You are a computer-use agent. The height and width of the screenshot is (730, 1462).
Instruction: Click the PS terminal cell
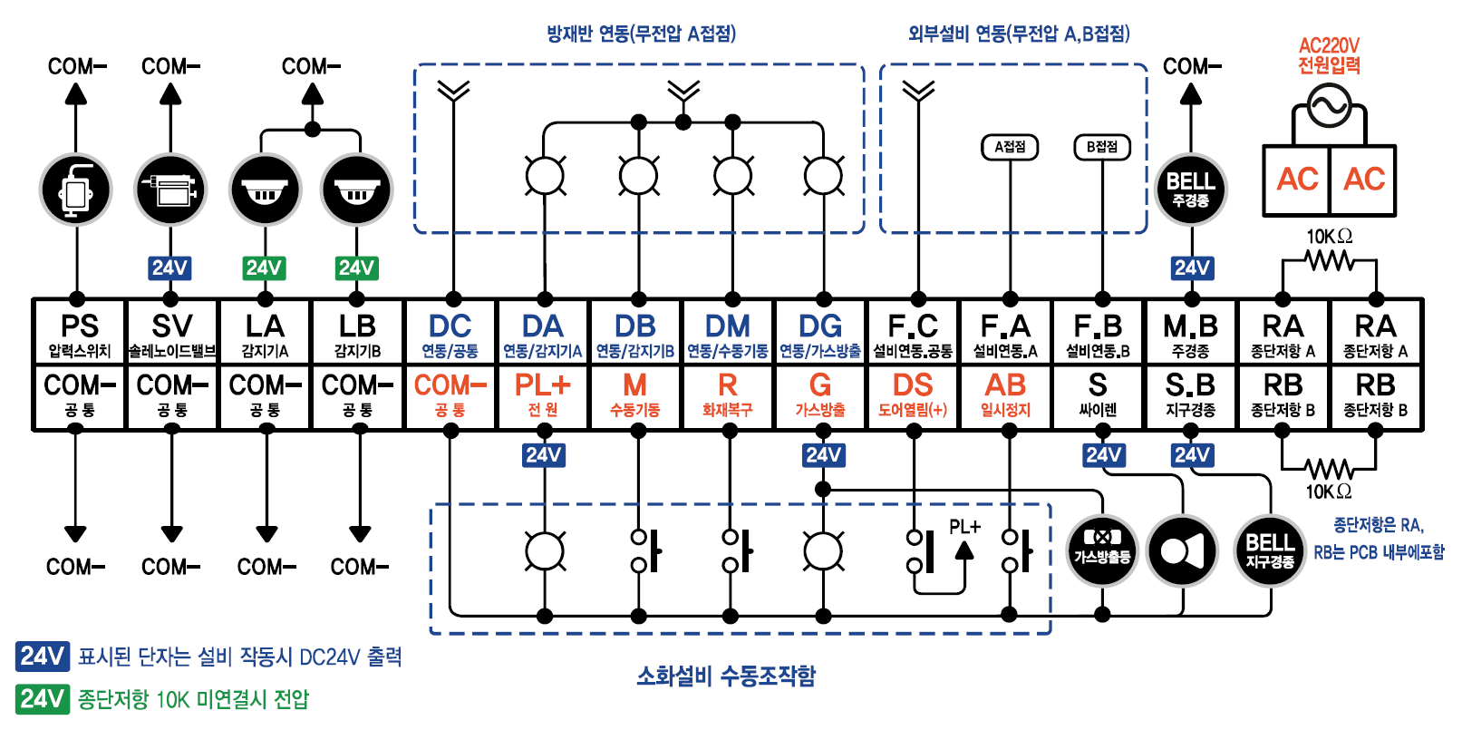(x=79, y=333)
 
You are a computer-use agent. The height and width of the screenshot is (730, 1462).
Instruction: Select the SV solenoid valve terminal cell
(x=171, y=333)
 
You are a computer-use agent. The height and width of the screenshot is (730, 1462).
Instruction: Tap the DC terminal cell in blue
(x=450, y=333)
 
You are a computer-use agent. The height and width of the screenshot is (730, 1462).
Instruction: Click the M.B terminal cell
(x=1190, y=333)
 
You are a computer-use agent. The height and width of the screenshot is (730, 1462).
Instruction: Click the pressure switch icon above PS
(x=76, y=190)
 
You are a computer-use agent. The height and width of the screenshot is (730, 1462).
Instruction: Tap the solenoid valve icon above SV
(x=170, y=190)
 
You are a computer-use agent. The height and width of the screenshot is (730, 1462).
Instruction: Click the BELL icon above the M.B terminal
(x=1190, y=190)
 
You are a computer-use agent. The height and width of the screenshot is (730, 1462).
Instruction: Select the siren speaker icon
(x=1182, y=551)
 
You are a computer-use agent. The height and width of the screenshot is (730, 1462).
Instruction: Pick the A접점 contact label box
(x=1010, y=147)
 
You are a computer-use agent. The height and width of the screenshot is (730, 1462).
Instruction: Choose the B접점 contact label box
(x=1101, y=147)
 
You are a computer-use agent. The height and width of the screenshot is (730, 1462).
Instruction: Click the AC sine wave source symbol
(x=1329, y=106)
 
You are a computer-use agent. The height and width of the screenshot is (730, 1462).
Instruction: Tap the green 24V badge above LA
(x=264, y=268)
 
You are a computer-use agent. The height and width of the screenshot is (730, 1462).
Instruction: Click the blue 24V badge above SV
(x=169, y=268)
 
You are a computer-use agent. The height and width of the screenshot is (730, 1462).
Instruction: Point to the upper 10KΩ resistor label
(x=1329, y=237)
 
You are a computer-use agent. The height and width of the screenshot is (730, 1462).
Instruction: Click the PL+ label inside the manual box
(x=964, y=527)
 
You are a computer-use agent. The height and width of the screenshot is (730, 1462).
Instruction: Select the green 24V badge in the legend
(x=42, y=699)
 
